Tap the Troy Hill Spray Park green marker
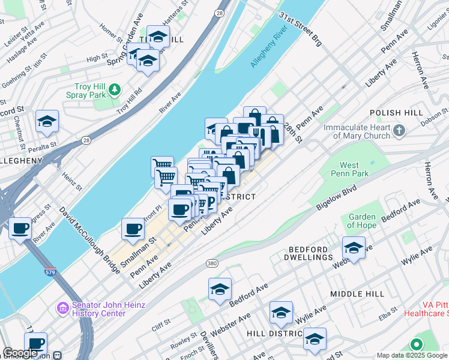point(114,90)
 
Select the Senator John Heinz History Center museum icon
point(64,308)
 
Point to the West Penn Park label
point(349,169)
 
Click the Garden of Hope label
point(362,221)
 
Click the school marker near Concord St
point(47,121)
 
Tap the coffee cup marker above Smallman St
point(133,229)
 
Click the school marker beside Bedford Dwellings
point(354,248)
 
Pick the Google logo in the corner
point(20,353)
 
